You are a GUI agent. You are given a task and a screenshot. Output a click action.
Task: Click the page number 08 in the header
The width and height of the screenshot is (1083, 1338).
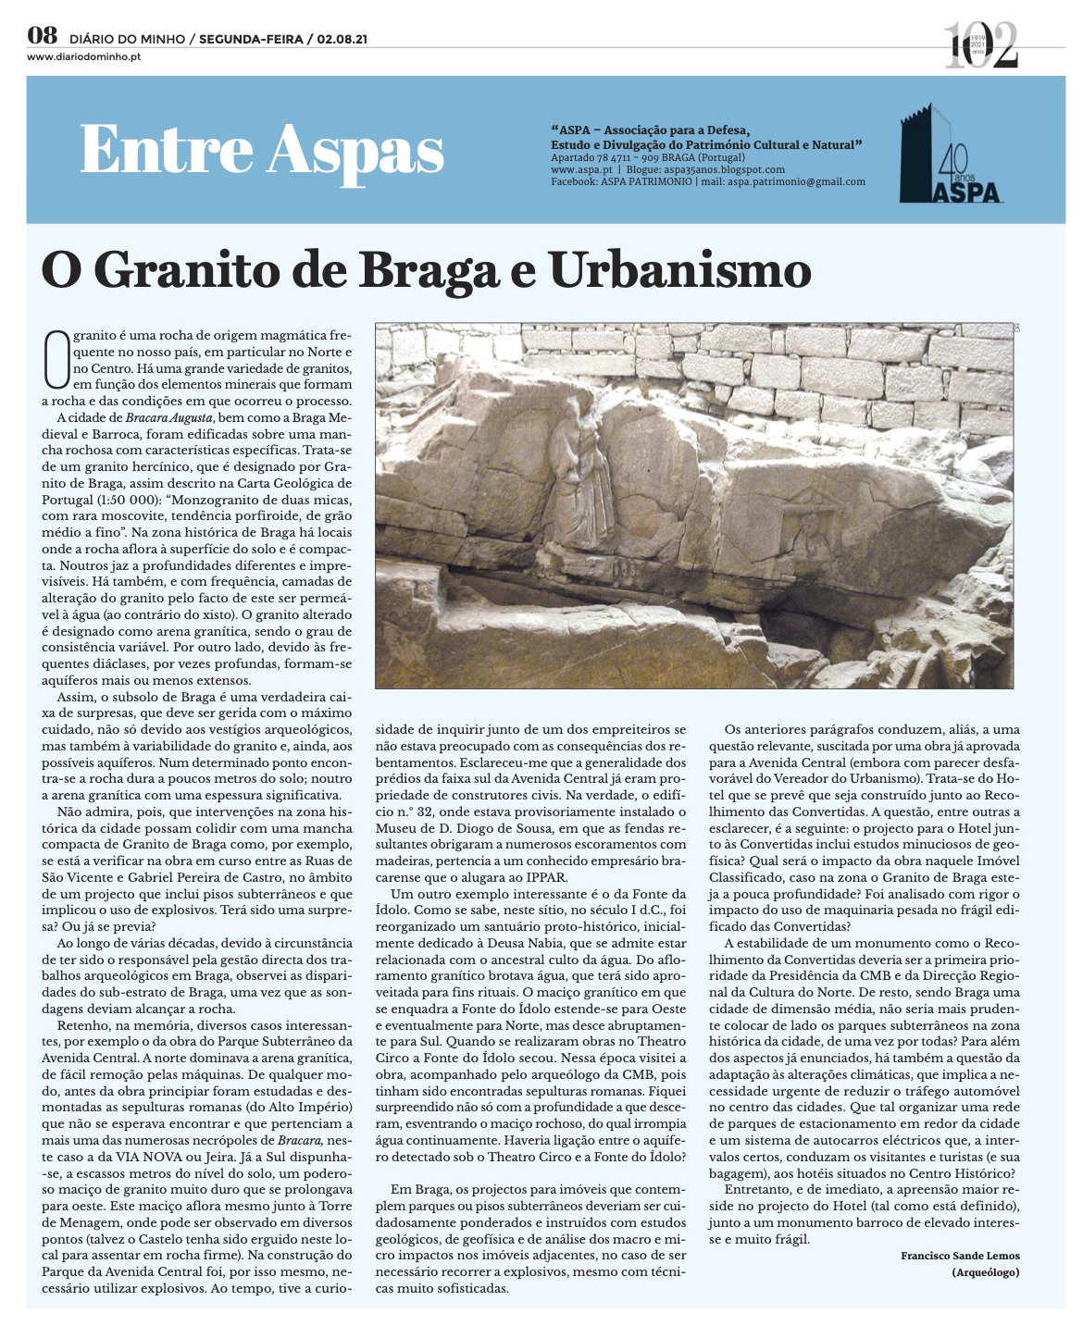click(x=43, y=37)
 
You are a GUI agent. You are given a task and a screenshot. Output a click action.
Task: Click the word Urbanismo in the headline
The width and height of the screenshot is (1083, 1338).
click(x=679, y=270)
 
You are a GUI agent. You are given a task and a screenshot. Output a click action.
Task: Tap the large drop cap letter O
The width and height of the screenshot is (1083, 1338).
click(x=56, y=360)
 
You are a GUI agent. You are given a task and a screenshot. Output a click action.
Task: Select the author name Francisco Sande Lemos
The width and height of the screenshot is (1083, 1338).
click(x=960, y=1256)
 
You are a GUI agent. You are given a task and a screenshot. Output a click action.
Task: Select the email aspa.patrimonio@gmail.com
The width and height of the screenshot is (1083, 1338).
click(x=796, y=181)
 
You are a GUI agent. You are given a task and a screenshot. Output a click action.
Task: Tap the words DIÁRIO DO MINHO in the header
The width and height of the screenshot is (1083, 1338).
click(x=126, y=40)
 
